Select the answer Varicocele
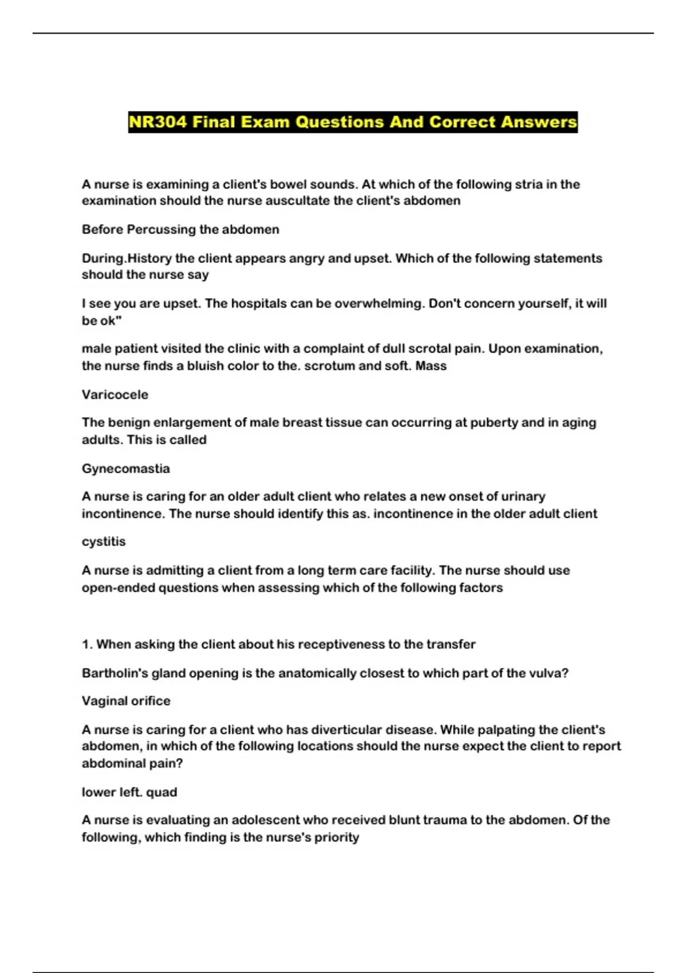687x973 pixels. click(115, 394)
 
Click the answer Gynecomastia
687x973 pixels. click(126, 468)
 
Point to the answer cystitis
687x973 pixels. click(104, 541)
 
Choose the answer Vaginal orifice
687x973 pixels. click(126, 701)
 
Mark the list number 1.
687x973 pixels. click(86, 644)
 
